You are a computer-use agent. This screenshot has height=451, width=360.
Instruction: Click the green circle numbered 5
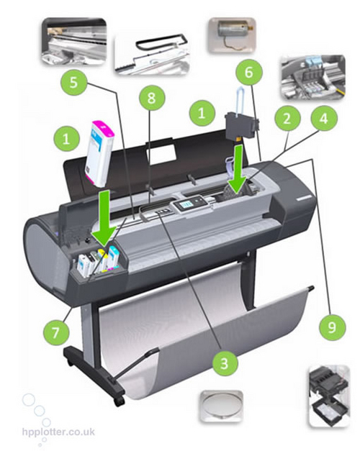point(73,83)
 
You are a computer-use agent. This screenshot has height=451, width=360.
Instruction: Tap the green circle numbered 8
point(152,98)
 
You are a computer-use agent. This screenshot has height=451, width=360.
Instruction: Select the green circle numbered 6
point(249,72)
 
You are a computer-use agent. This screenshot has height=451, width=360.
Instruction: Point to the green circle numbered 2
point(287,119)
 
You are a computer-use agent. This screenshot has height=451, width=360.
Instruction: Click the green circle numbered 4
point(324,118)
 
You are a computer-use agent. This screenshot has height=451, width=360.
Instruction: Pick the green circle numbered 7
point(56,332)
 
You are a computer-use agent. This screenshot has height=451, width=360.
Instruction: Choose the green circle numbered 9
point(332,327)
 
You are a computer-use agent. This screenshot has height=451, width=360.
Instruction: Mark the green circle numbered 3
point(225,363)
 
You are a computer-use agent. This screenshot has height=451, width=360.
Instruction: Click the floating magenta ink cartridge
point(99,153)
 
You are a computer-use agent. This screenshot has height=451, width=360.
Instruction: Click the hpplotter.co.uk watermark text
point(58,432)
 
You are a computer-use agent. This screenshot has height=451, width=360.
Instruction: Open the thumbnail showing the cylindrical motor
point(232,35)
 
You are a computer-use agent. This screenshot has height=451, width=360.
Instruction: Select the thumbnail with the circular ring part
point(222,406)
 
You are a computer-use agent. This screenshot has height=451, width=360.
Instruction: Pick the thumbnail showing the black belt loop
point(151,55)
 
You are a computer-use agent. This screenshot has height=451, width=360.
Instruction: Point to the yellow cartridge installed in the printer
point(102,260)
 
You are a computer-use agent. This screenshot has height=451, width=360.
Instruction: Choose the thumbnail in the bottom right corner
point(330,396)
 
